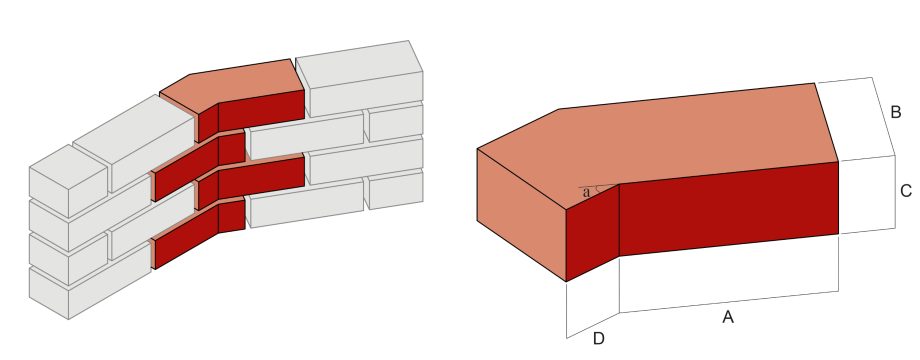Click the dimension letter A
728,317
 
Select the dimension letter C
905,190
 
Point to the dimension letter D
598,339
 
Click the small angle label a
586,192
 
